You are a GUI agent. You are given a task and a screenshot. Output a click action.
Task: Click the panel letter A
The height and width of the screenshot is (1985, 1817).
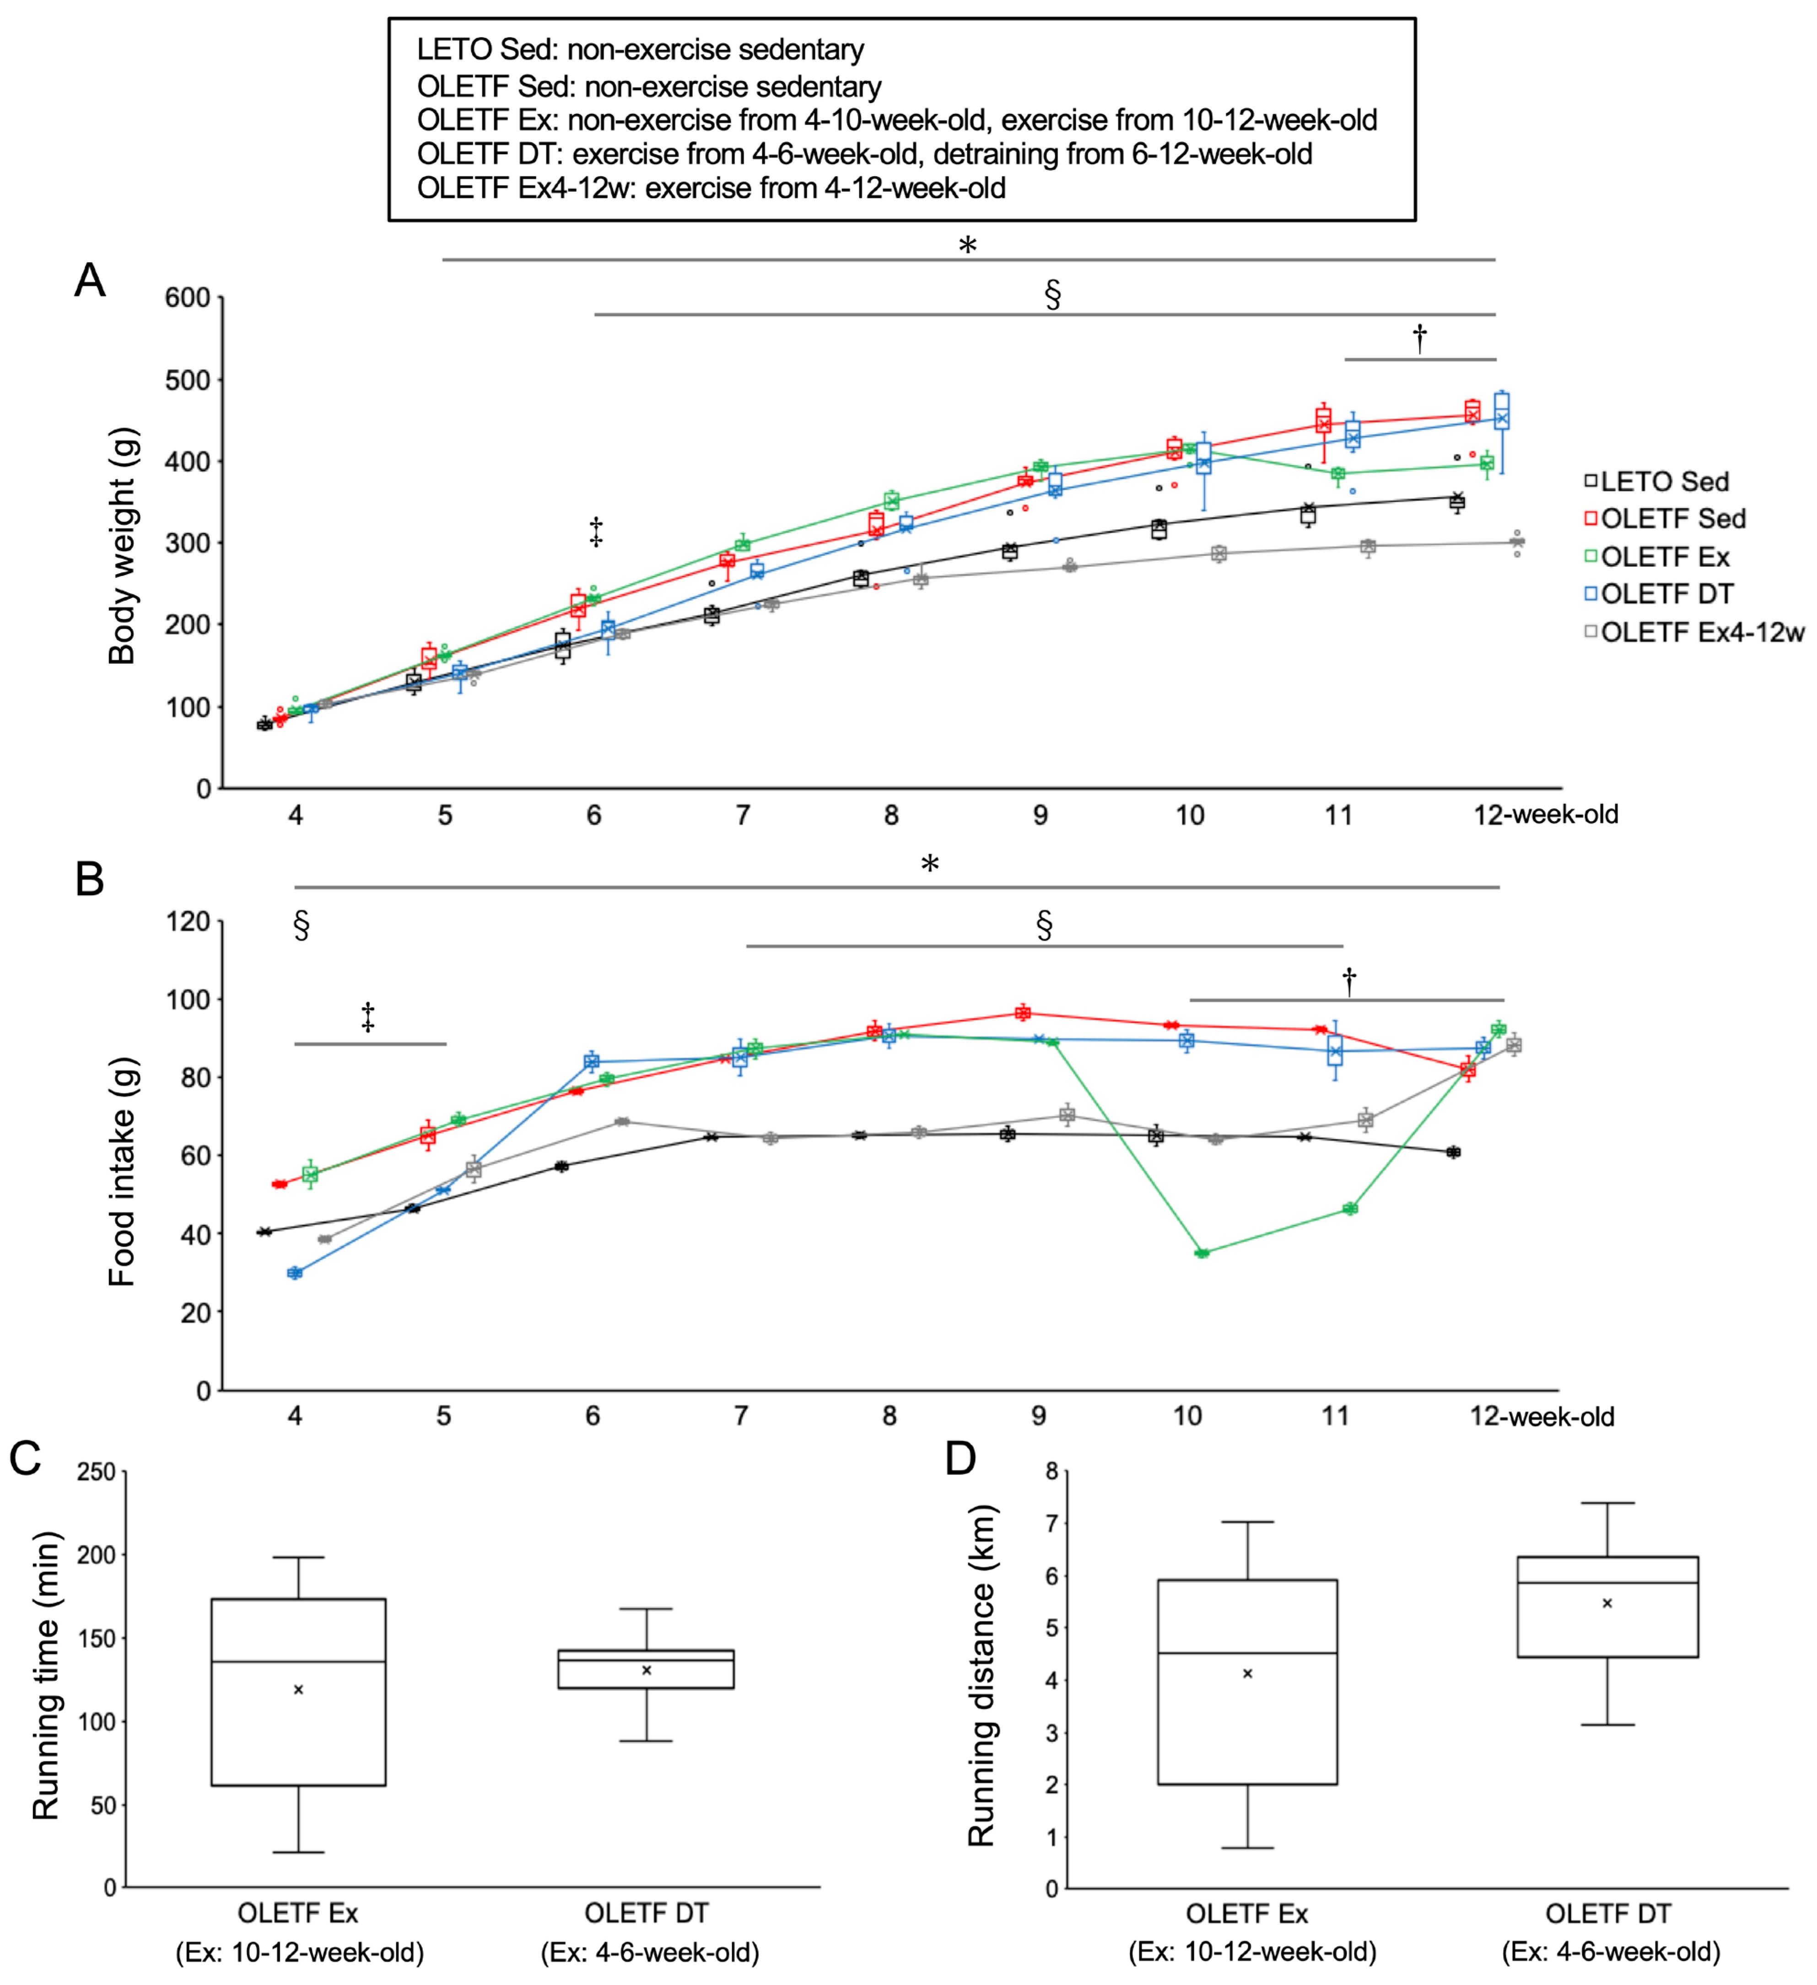pyautogui.click(x=90, y=280)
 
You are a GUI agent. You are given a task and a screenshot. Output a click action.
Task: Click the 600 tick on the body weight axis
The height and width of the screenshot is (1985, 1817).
pyautogui.click(x=187, y=298)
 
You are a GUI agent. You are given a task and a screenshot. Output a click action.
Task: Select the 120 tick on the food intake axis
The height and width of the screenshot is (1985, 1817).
pyautogui.click(x=187, y=922)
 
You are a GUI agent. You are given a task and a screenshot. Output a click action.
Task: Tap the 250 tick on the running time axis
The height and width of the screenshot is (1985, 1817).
pyautogui.click(x=97, y=1473)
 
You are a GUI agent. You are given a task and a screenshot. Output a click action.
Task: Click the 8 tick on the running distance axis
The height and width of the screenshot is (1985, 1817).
pyautogui.click(x=1052, y=1472)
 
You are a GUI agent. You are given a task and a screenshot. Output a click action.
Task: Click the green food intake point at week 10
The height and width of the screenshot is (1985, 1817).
pyautogui.click(x=1202, y=1253)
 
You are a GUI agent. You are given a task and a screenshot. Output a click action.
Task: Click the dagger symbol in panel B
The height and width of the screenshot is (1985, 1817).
pyautogui.click(x=1348, y=981)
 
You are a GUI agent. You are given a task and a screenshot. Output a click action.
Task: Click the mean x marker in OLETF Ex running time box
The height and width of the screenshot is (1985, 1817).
pyautogui.click(x=298, y=1689)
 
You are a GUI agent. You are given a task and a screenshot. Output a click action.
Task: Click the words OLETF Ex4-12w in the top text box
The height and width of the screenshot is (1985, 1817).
pyautogui.click(x=523, y=188)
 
